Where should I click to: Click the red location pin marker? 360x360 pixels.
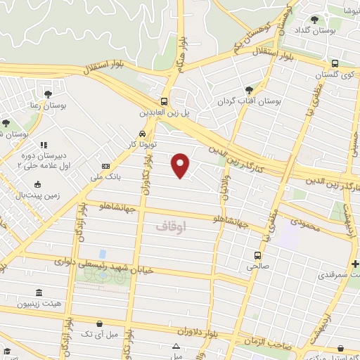181,165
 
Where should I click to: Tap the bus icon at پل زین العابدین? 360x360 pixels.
164,101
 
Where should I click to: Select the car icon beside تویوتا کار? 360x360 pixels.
143,132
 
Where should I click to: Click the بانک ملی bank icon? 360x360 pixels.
105,166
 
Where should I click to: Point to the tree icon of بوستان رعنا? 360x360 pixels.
48,93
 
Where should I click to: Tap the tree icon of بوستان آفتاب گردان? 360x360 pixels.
248,89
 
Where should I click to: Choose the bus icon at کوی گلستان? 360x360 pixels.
335,63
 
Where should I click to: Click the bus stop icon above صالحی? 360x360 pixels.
258,255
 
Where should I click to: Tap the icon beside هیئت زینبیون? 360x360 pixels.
37,292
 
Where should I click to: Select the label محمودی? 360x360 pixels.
302,227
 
